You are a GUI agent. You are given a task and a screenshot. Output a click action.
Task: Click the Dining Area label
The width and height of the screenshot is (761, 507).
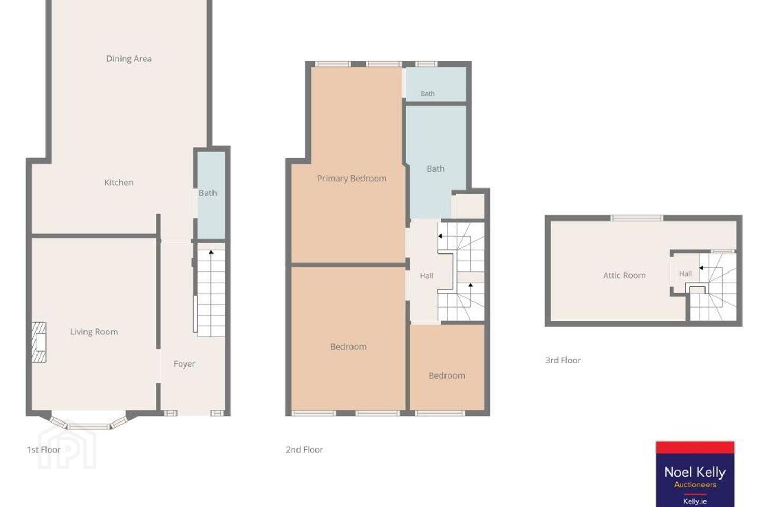click(x=129, y=59)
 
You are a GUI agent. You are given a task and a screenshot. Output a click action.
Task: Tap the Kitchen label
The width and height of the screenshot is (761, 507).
click(x=118, y=182)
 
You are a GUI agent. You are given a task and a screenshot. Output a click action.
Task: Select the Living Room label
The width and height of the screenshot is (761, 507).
click(x=94, y=332)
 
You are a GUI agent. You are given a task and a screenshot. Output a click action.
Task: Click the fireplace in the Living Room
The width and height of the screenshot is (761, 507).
click(x=39, y=342)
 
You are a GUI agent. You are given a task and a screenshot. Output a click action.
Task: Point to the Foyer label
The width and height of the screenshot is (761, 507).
click(x=184, y=364)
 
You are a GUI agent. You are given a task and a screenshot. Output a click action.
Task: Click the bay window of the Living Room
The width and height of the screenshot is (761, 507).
click(x=89, y=423)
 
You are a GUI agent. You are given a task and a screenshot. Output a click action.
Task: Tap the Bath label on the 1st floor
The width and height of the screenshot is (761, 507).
click(x=208, y=193)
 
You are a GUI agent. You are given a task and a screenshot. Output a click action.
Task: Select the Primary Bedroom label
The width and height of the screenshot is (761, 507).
click(x=351, y=179)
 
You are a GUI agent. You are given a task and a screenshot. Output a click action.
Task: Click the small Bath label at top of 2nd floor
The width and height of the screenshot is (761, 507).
click(x=428, y=93)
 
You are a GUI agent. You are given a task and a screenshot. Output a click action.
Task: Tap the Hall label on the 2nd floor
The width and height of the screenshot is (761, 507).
click(x=426, y=275)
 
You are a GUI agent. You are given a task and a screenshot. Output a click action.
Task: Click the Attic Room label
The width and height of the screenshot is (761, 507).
click(x=624, y=275)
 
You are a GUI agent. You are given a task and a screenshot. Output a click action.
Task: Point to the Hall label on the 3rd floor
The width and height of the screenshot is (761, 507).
click(x=685, y=274)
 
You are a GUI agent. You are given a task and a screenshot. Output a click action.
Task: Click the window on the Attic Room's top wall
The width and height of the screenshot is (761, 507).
click(x=637, y=218)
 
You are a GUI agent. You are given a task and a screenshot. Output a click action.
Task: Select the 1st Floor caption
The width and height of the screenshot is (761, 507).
click(x=44, y=449)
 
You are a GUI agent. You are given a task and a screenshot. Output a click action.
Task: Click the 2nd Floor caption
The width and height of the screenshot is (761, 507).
click(x=304, y=449)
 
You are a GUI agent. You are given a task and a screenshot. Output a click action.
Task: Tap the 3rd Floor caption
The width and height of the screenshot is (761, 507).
click(x=563, y=360)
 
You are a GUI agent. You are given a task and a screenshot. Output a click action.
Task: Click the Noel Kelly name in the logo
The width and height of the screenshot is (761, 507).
click(x=695, y=472)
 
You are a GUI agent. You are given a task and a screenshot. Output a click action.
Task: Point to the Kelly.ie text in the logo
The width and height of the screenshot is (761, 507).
click(x=695, y=501)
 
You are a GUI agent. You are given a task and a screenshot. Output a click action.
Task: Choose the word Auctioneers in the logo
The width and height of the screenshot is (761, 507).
click(x=695, y=485)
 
